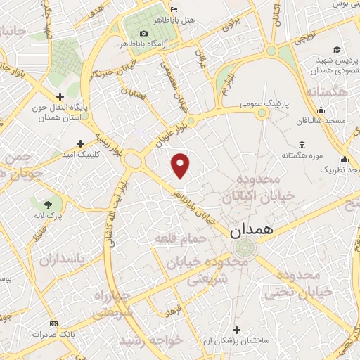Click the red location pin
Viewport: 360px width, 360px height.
pos(181,165)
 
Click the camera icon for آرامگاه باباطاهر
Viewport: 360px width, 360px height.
pos(144,33)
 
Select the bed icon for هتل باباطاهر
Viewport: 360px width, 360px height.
pos(174,8)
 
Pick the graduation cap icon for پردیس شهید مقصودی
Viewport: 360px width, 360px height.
pos(337,49)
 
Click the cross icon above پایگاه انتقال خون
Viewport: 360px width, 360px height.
pos(60,96)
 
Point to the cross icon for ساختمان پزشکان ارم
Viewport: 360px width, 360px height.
pos(236,330)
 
